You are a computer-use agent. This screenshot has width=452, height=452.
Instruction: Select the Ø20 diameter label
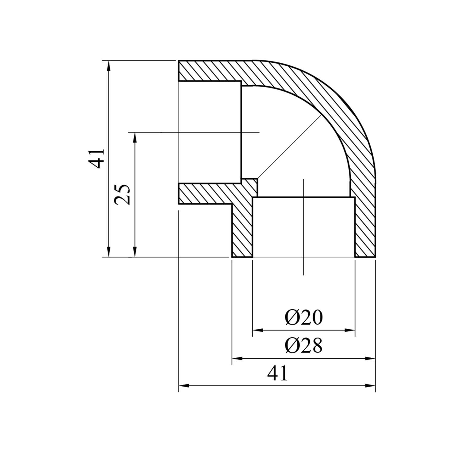(303, 318)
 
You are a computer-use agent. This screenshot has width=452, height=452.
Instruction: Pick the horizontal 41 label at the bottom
(278, 374)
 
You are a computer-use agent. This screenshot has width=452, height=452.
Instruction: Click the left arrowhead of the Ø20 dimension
(258, 330)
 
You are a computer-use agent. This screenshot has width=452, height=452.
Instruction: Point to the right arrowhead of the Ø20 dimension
(350, 330)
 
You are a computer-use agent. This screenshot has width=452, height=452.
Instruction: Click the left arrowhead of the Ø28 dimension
(237, 358)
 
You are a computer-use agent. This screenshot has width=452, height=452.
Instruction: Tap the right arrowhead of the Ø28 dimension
(370, 358)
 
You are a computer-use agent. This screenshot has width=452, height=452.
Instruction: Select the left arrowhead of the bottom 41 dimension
(184, 385)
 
